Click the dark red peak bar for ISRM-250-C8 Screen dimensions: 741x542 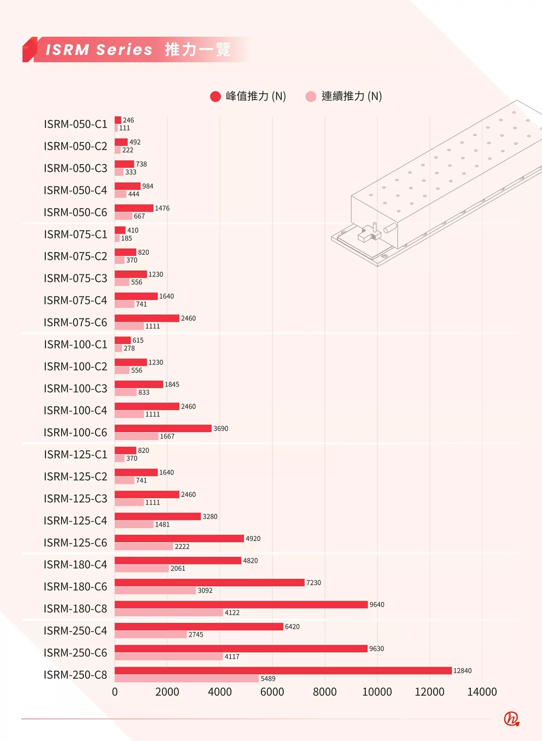click(x=283, y=671)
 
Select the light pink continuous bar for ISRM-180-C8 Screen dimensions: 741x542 click(x=169, y=613)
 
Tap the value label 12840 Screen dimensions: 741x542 click(x=462, y=671)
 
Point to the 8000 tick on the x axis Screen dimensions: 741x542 click(x=324, y=692)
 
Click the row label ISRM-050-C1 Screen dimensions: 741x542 click(x=75, y=124)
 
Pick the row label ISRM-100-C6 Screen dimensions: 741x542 click(x=75, y=433)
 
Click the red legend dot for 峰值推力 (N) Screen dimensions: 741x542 click(x=215, y=96)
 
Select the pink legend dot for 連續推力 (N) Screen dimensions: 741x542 click(x=311, y=96)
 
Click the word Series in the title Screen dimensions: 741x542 click(x=124, y=50)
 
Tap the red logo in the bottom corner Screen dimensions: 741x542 click(x=512, y=718)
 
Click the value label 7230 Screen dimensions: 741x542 click(x=314, y=582)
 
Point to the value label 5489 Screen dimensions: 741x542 click(x=268, y=678)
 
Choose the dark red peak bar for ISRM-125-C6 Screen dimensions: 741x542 click(x=179, y=538)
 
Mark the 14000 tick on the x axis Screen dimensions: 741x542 click(x=482, y=692)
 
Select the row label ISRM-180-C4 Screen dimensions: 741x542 click(x=75, y=565)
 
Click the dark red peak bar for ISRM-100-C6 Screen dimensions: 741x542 click(x=163, y=428)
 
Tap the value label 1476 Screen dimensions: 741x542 click(x=162, y=208)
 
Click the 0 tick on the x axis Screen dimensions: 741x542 click(x=115, y=692)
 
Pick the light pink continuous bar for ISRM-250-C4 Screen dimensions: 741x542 click(x=151, y=634)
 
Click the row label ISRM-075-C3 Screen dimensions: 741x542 click(x=75, y=278)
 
